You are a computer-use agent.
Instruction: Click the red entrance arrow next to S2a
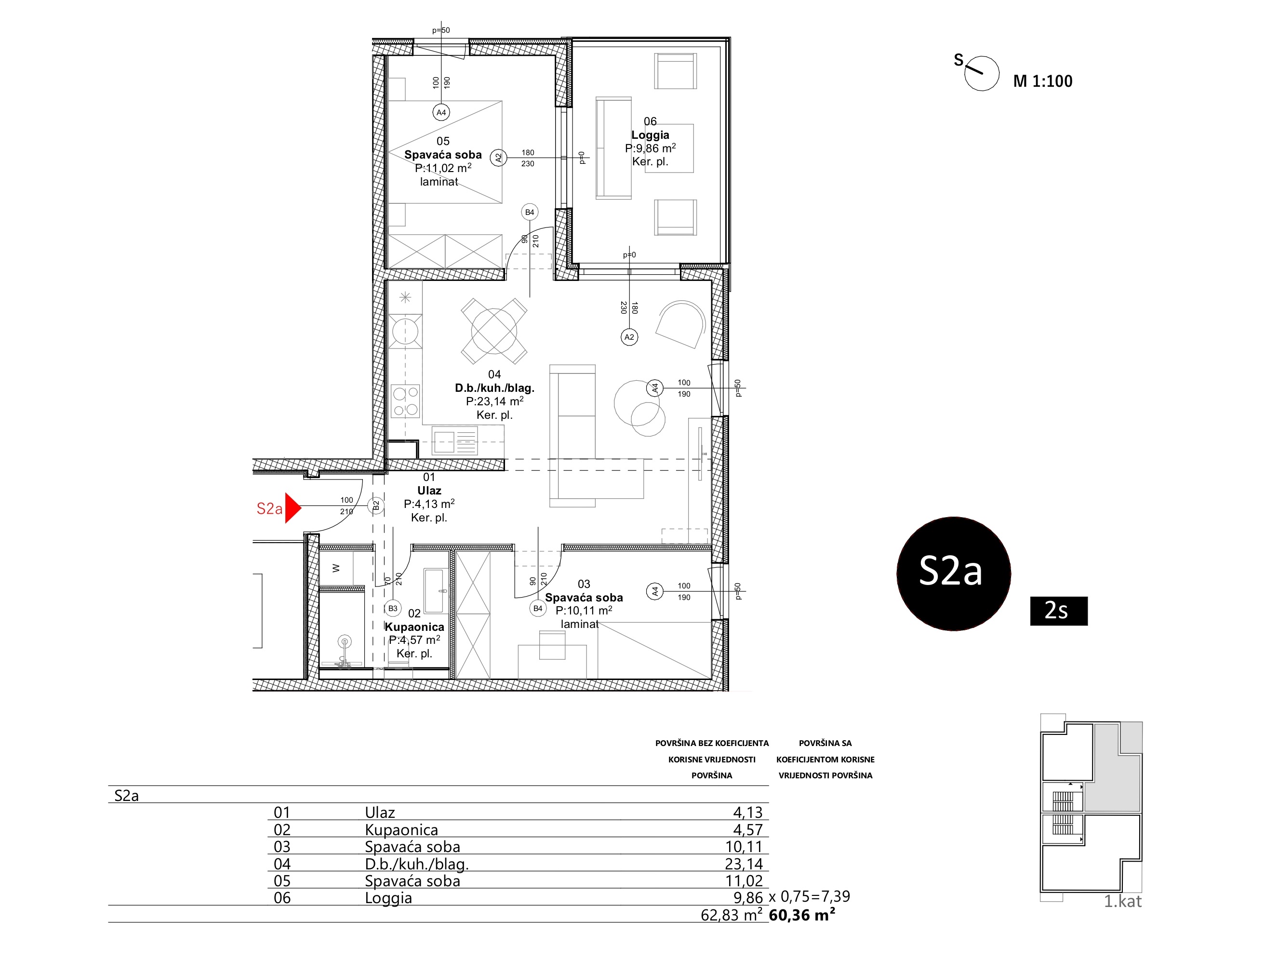293,508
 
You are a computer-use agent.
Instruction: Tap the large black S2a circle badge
953,573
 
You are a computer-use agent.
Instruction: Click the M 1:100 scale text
1042,81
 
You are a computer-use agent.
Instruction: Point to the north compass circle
982,73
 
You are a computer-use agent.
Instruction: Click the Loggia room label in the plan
650,135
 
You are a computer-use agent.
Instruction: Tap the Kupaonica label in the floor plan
414,627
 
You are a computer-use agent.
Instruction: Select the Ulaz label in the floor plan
429,491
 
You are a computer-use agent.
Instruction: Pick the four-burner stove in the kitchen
405,401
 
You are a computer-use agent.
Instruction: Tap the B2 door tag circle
375,506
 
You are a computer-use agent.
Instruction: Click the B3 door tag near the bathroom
393,608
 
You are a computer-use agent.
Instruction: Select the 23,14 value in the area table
744,864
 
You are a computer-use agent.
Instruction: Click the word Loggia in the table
388,898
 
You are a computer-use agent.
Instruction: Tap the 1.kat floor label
1122,902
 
